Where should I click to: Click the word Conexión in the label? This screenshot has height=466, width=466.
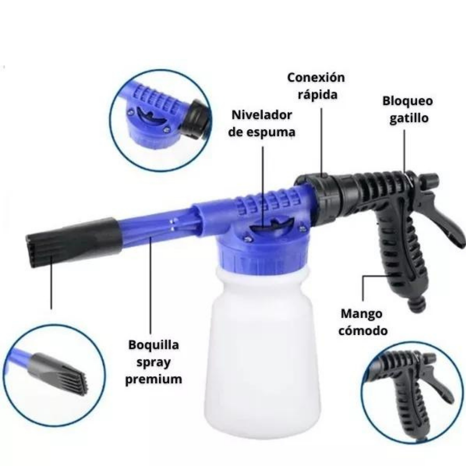click(x=316, y=78)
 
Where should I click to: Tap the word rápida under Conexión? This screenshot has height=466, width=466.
click(x=317, y=94)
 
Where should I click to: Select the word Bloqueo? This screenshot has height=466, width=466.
click(x=407, y=101)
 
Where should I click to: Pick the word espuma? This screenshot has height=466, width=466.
click(x=271, y=132)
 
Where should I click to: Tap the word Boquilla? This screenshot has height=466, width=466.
click(x=154, y=345)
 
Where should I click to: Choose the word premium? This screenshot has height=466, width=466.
click(x=154, y=380)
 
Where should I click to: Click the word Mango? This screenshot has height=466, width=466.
click(x=361, y=314)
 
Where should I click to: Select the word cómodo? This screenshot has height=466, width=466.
click(x=363, y=331)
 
